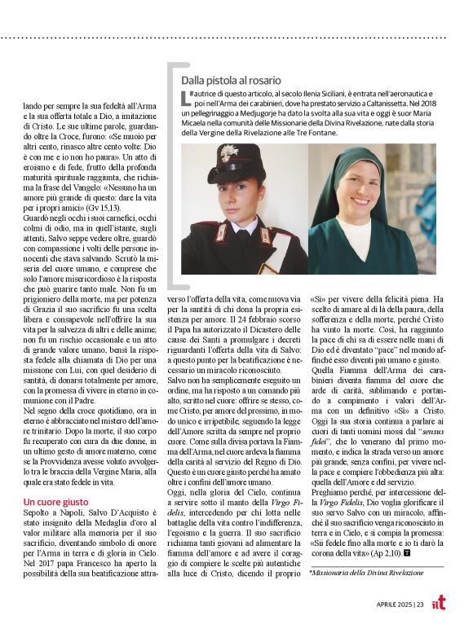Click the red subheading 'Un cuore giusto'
(55, 502)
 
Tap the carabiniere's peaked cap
(236, 162)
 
